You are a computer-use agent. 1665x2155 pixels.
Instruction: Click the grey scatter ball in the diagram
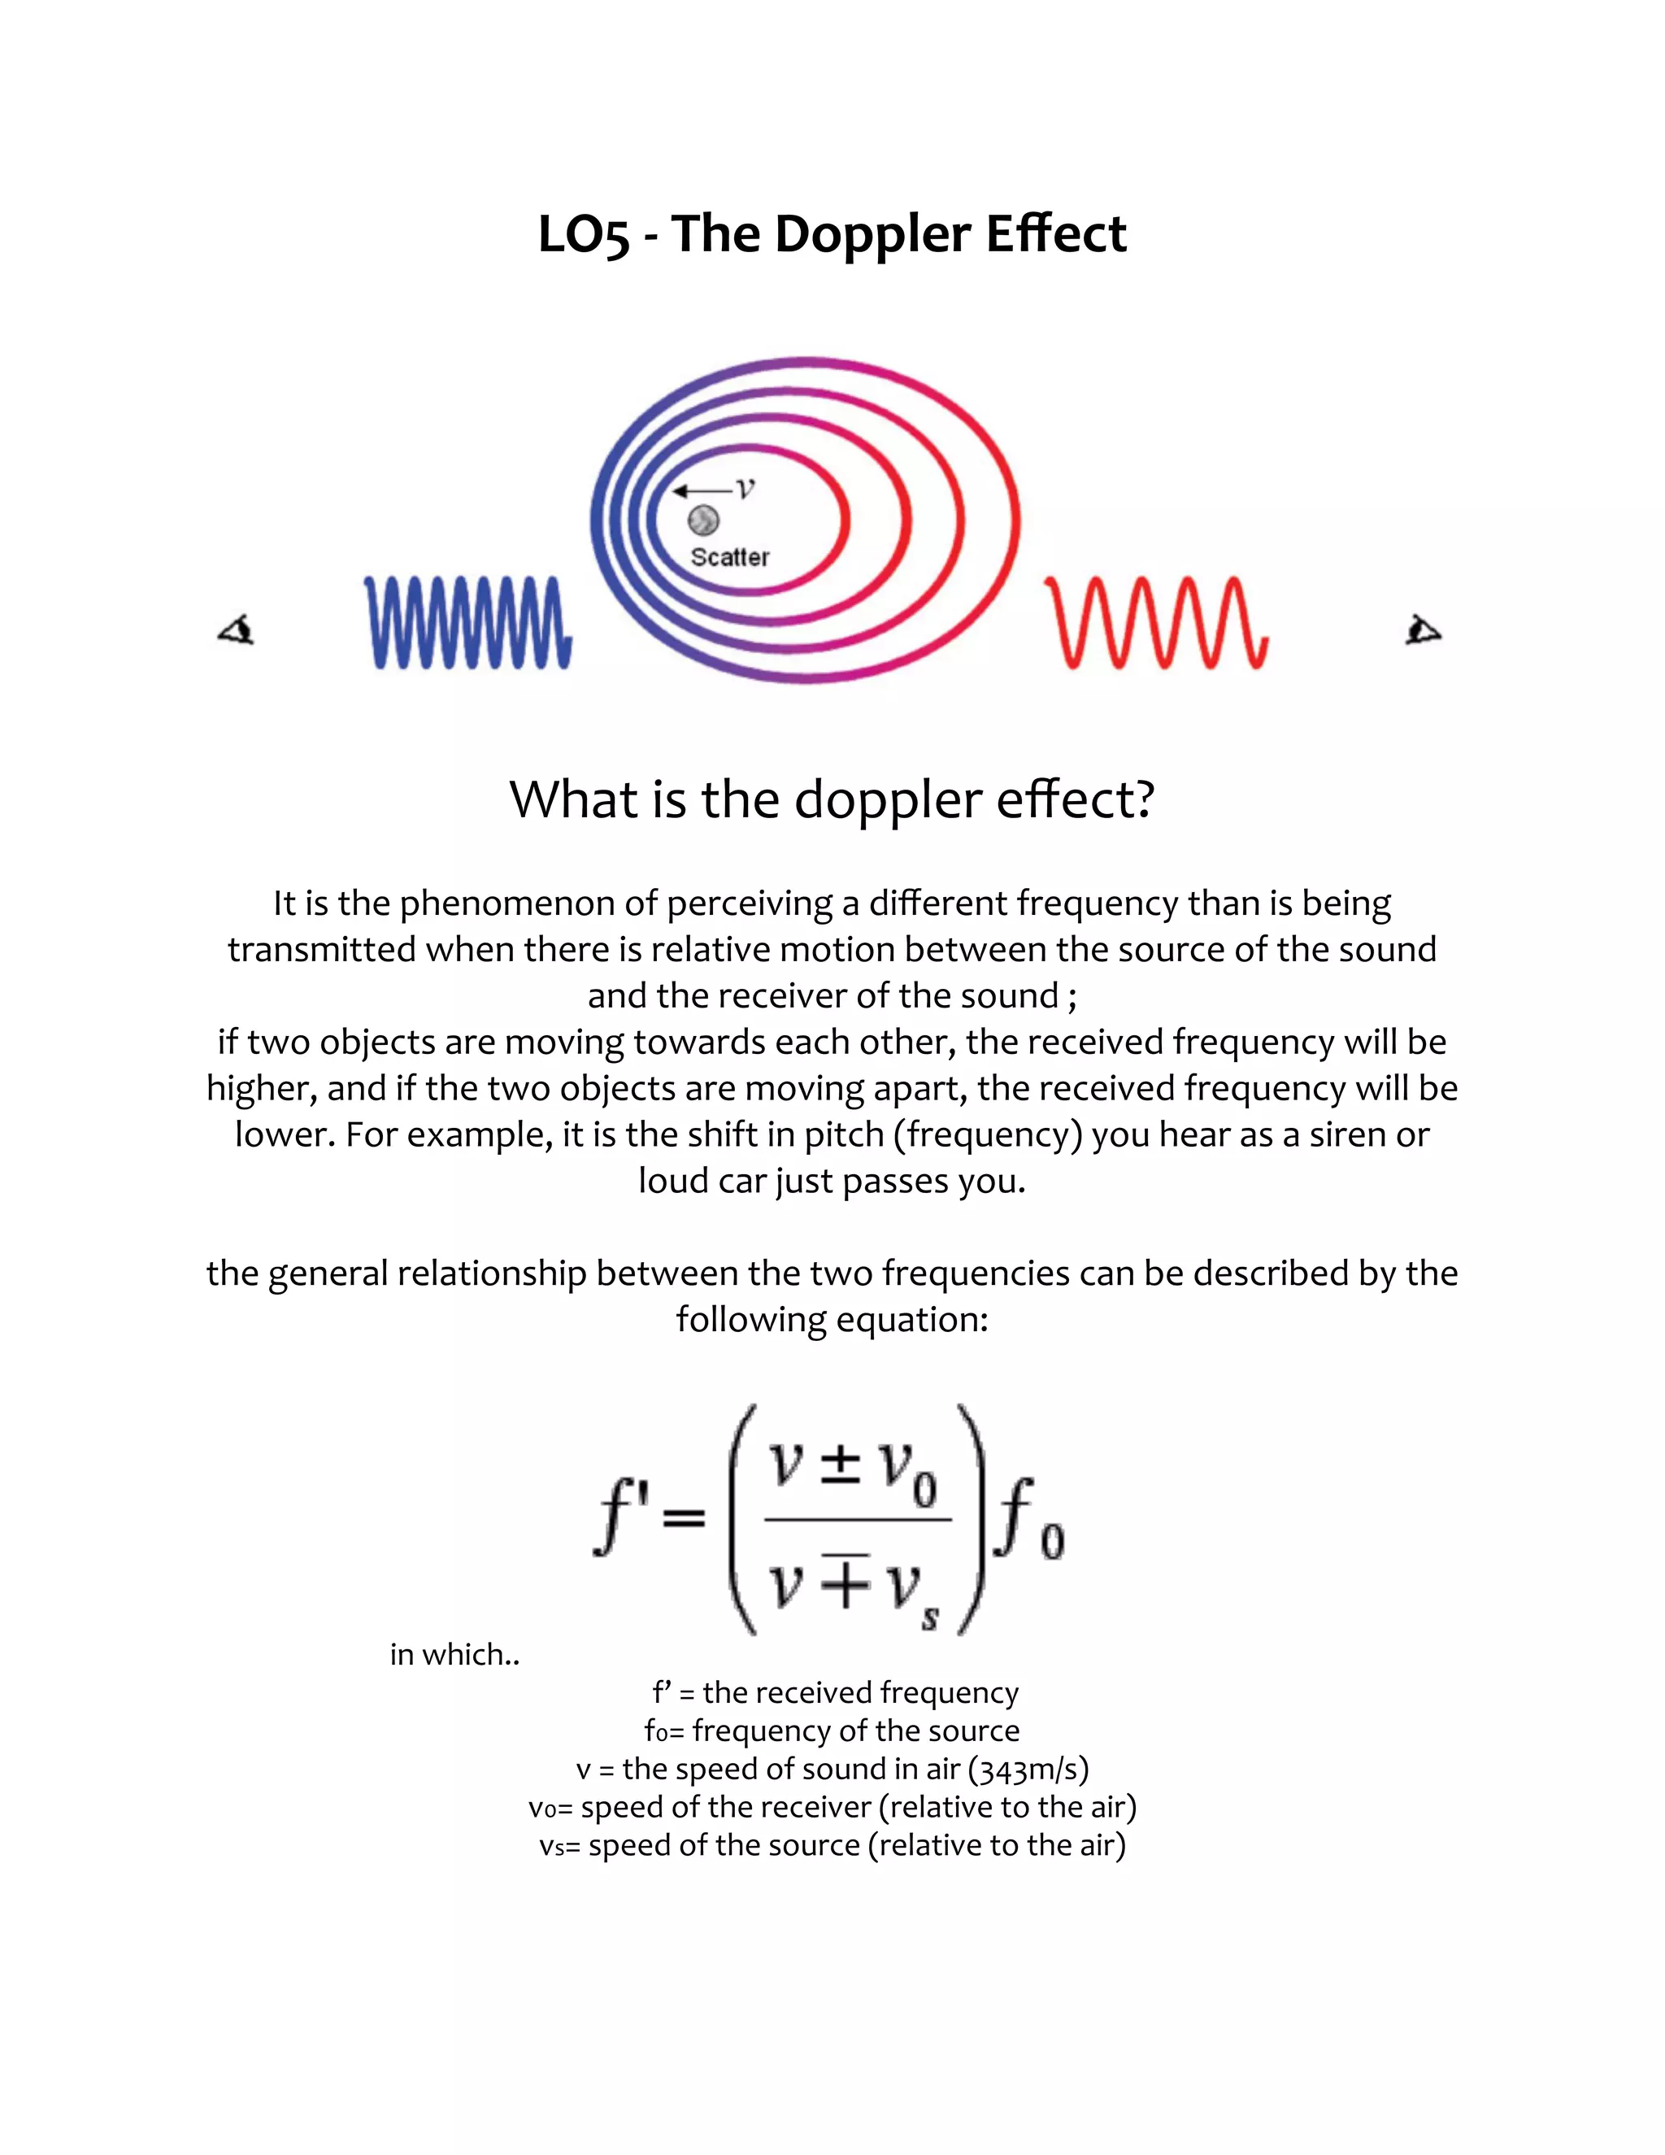pyautogui.click(x=703, y=520)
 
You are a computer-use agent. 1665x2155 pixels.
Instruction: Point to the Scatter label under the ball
pyautogui.click(x=730, y=558)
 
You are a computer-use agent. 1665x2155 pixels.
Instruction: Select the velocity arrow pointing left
pyautogui.click(x=702, y=490)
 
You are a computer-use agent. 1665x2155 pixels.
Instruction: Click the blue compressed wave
pyautogui.click(x=467, y=623)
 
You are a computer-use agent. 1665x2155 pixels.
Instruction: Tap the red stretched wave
pyautogui.click(x=1156, y=623)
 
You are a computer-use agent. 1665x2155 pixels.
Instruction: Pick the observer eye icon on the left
pyautogui.click(x=237, y=629)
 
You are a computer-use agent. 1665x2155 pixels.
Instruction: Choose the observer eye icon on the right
pyautogui.click(x=1423, y=629)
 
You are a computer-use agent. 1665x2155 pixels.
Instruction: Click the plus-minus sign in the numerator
pyautogui.click(x=841, y=1467)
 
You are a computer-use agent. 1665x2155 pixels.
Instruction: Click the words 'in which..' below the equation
pyautogui.click(x=454, y=1654)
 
